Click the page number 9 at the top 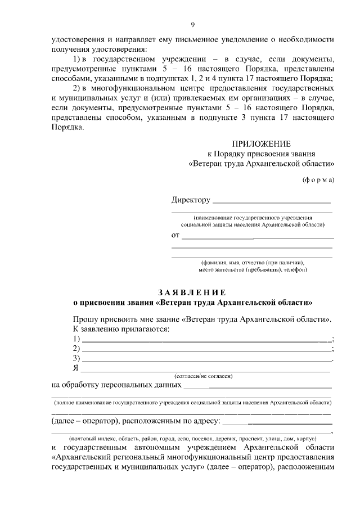point(192,24)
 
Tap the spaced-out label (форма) point(318,179)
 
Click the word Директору point(191,200)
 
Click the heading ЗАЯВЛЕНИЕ point(192,292)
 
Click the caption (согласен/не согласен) point(204,376)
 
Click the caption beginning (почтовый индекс point(192,438)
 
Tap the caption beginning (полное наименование point(192,403)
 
